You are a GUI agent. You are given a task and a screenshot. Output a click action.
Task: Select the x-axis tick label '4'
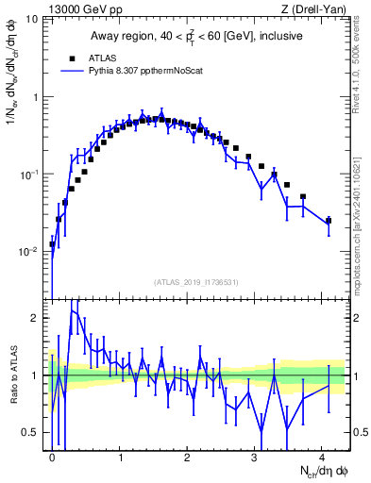click(x=323, y=457)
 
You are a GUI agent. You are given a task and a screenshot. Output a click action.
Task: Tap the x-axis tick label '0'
click(x=53, y=457)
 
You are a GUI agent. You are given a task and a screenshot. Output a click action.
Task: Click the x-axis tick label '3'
click(x=256, y=457)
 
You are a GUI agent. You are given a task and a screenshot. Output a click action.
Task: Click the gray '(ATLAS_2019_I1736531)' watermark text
click(x=199, y=281)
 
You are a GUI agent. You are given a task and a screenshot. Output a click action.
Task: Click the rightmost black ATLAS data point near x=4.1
click(x=329, y=221)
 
